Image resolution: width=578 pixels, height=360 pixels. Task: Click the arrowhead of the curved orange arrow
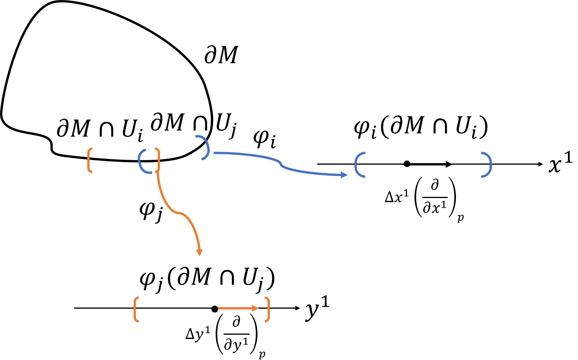[199, 252]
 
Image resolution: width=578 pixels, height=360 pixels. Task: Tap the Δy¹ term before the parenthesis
[198, 334]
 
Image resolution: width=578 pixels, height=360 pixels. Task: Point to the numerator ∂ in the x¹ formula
[434, 185]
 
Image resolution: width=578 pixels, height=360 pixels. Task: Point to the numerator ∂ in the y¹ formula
[236, 322]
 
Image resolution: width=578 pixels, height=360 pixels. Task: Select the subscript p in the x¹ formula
[460, 217]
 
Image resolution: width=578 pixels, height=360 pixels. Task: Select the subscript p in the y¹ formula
[262, 354]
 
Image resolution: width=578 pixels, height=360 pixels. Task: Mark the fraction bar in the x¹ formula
[434, 197]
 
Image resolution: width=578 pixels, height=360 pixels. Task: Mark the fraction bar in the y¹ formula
[236, 334]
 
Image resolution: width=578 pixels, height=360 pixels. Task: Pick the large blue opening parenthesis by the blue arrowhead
[359, 165]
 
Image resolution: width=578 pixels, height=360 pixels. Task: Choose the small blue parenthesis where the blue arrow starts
[205, 147]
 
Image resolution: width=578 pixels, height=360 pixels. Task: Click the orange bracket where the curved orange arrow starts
[157, 160]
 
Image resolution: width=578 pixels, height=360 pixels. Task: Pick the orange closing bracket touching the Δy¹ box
[267, 309]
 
